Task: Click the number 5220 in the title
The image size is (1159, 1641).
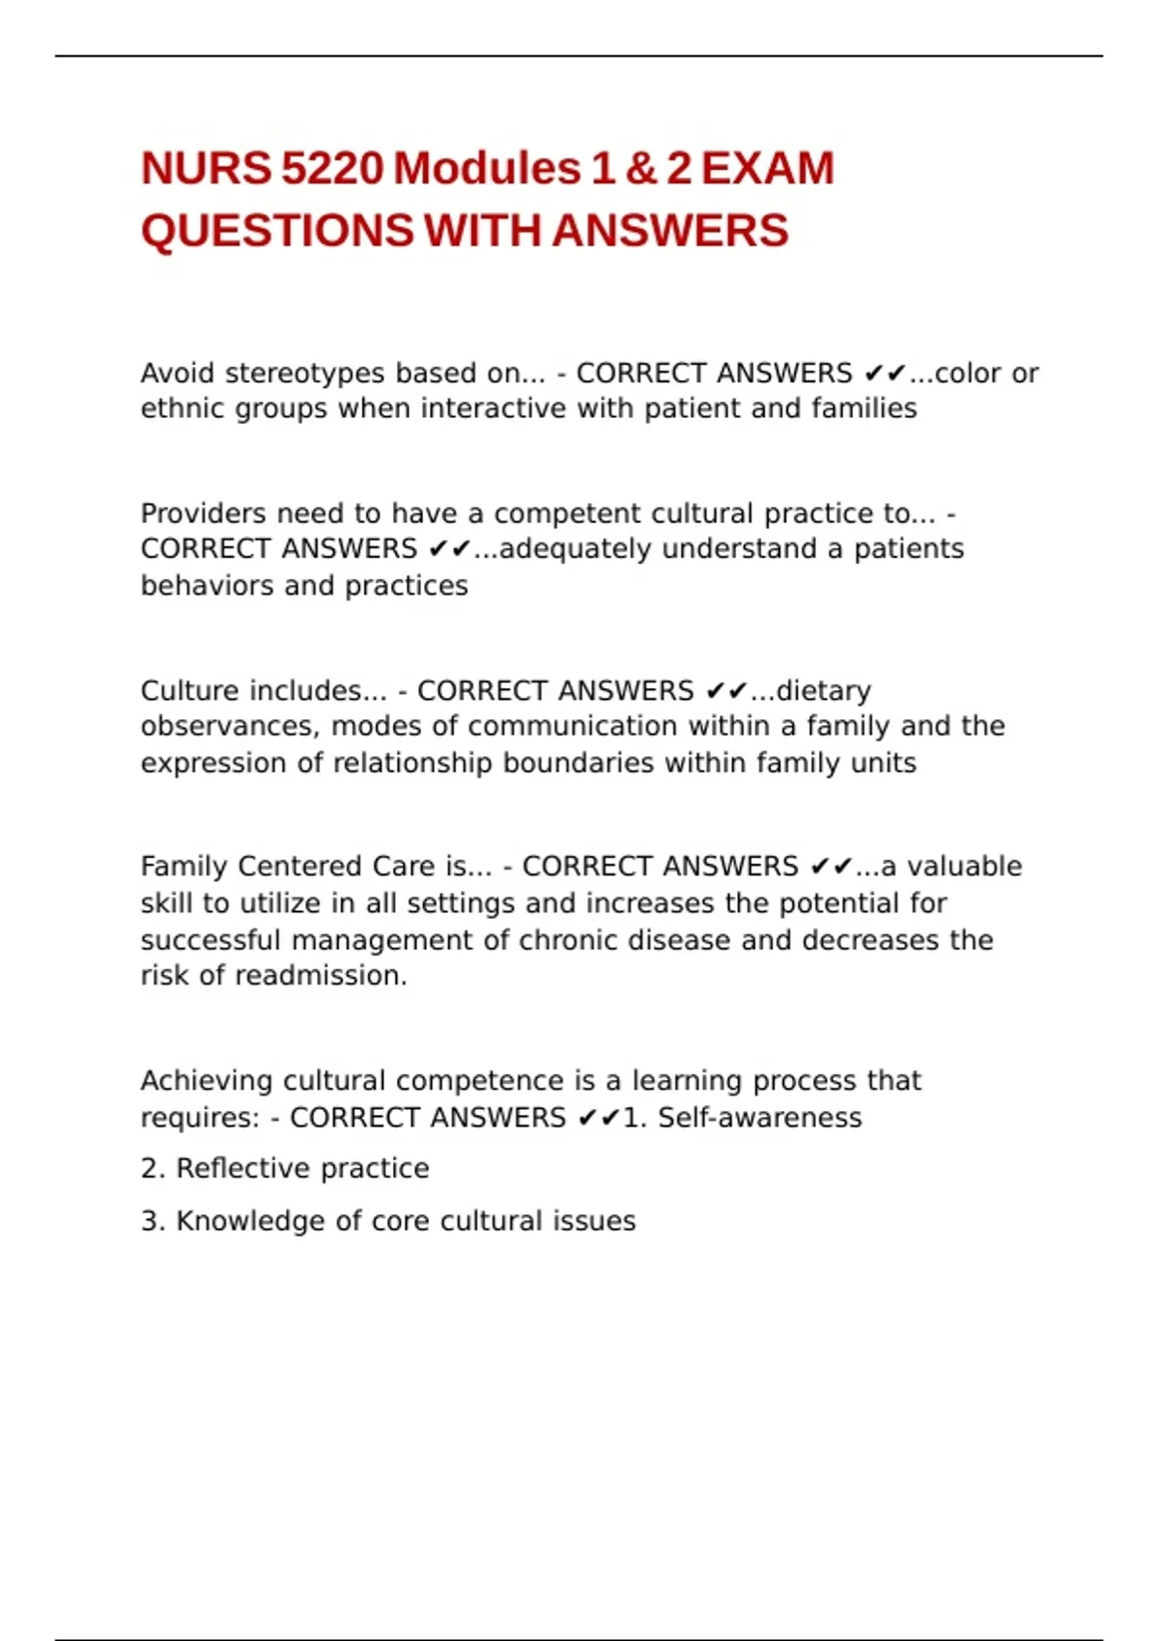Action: [332, 169]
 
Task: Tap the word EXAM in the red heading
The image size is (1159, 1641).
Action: [767, 169]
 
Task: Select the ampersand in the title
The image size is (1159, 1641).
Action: [640, 169]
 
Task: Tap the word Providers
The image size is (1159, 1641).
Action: [203, 514]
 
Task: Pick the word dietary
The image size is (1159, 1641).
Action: [823, 691]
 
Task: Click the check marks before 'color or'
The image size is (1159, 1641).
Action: [886, 374]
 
